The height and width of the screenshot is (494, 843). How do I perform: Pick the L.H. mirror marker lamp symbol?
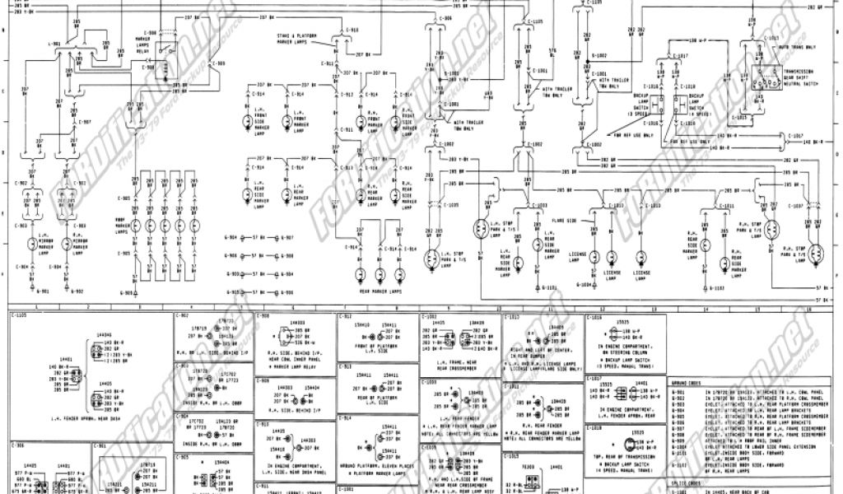31,244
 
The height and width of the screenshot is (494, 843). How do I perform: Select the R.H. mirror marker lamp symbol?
69,244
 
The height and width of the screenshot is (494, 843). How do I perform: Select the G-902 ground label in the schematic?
77,291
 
